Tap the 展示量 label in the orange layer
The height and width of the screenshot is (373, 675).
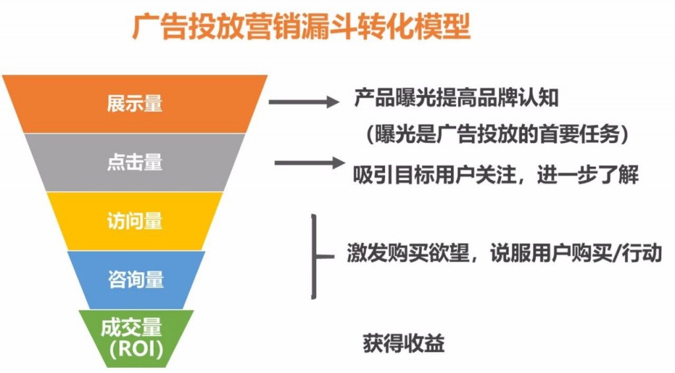pyautogui.click(x=134, y=104)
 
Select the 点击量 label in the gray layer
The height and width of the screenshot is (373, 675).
pyautogui.click(x=134, y=162)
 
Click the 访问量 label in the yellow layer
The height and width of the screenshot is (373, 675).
pyautogui.click(x=134, y=221)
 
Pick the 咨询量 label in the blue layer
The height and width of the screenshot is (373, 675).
pyautogui.click(x=136, y=279)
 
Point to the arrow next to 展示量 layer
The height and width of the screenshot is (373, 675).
pyautogui.click(x=303, y=102)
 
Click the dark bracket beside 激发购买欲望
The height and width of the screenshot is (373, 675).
pyautogui.click(x=316, y=254)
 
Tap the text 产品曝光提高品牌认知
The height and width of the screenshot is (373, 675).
pyautogui.click(x=456, y=99)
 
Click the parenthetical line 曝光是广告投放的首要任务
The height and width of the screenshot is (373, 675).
pyautogui.click(x=494, y=135)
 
